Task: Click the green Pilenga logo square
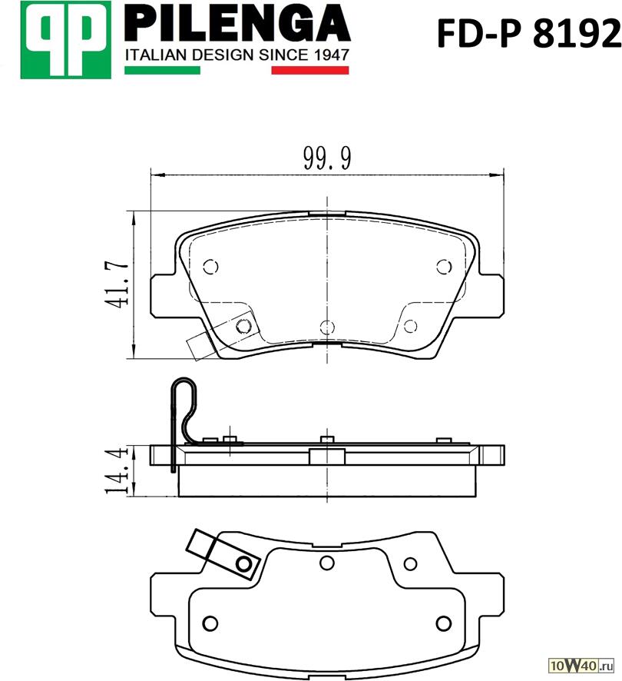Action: click(x=65, y=40)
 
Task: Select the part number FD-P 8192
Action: click(x=528, y=34)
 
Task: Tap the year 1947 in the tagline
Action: click(x=330, y=55)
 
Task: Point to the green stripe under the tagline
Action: click(x=162, y=71)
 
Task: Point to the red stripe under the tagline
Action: click(x=310, y=71)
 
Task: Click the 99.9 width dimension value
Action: click(x=327, y=158)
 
